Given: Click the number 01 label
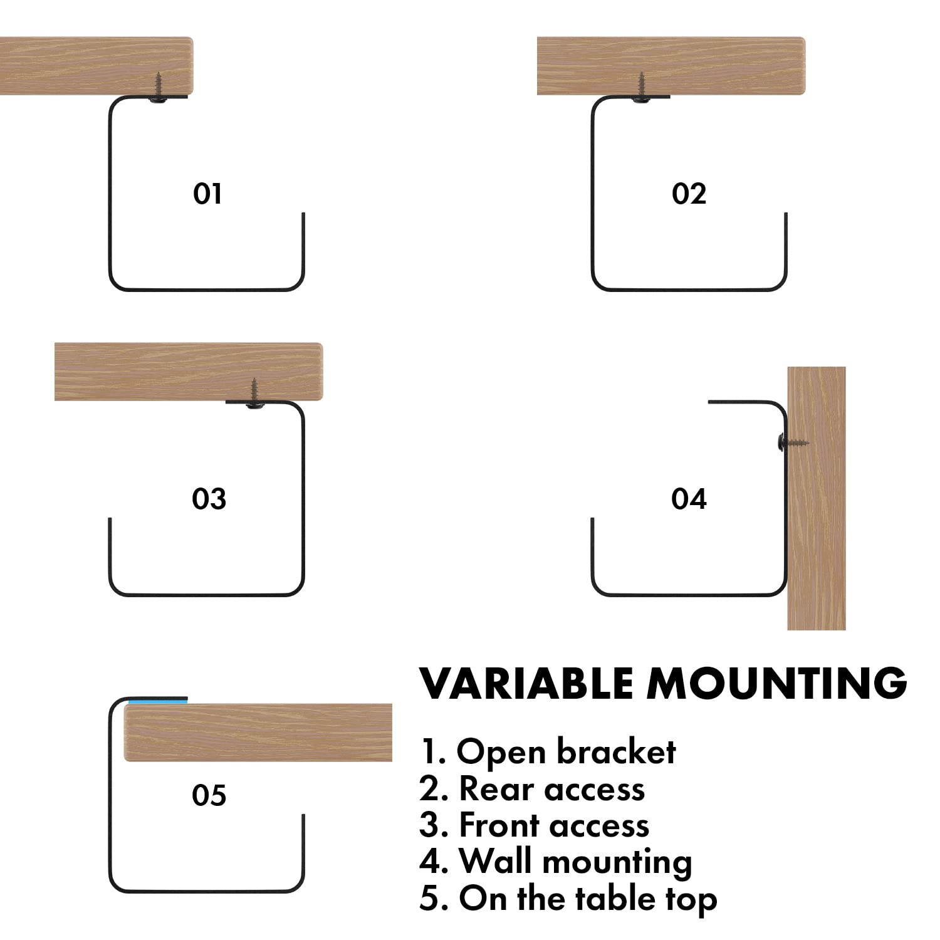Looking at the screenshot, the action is (x=207, y=194).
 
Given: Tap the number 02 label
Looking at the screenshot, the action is (x=689, y=194).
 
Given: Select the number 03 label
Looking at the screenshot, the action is (x=209, y=499).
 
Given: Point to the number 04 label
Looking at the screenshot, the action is (x=689, y=499).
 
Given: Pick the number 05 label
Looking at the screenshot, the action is (x=209, y=795).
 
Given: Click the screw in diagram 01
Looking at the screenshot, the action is (x=159, y=88).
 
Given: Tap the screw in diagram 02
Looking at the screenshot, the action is (x=641, y=88).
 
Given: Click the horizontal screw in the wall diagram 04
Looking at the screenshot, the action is (x=791, y=443).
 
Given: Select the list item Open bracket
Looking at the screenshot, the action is (x=547, y=751).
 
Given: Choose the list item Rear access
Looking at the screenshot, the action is (x=532, y=788).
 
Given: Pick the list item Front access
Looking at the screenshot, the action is (x=534, y=825).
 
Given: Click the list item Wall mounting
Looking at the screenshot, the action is (x=555, y=862).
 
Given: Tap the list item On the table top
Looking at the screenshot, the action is (x=568, y=899).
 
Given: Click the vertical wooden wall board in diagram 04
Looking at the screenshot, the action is (x=817, y=533).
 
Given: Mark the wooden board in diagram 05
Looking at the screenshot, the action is (x=258, y=733).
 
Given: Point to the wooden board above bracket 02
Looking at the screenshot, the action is (x=671, y=66).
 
